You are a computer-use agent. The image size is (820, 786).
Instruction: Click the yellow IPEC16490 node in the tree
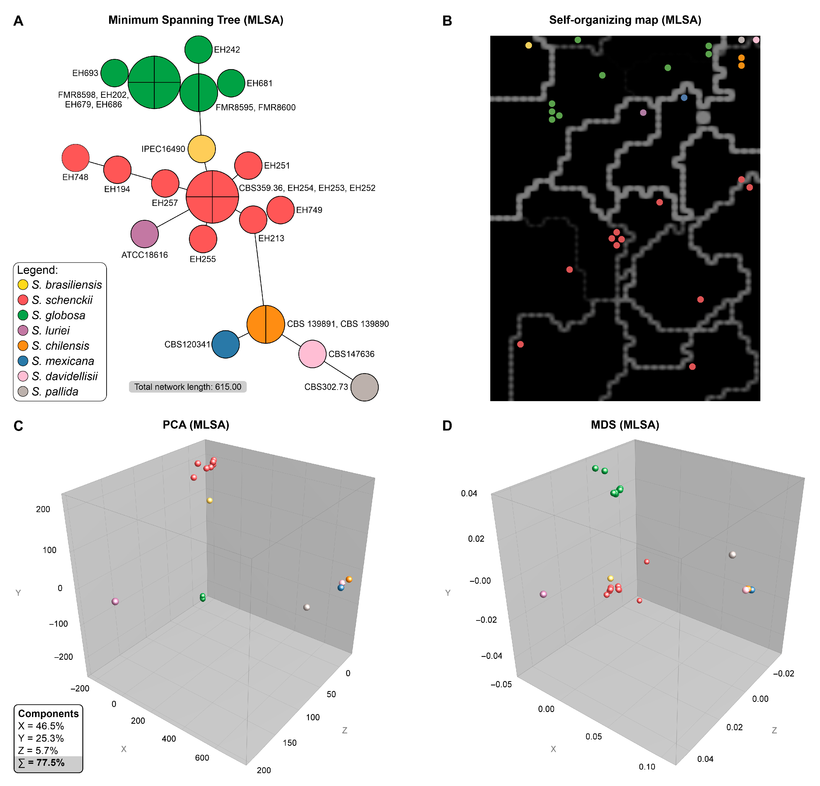[x=202, y=149]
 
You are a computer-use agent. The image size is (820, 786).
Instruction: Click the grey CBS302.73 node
[x=364, y=387]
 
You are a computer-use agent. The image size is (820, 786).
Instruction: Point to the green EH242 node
[x=198, y=49]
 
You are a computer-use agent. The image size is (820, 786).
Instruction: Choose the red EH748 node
[x=75, y=158]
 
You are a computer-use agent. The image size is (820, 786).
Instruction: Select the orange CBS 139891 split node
[x=266, y=324]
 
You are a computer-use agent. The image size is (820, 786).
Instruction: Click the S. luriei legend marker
[x=23, y=331]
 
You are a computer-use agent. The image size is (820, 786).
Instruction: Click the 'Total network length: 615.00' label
[x=188, y=387]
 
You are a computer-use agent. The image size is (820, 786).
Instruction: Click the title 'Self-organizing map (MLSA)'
[x=625, y=20]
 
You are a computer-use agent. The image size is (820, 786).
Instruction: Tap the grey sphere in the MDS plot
[x=732, y=555]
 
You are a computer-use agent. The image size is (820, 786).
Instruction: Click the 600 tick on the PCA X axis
[x=202, y=758]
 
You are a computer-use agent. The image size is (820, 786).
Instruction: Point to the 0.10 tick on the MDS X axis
[x=647, y=766]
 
